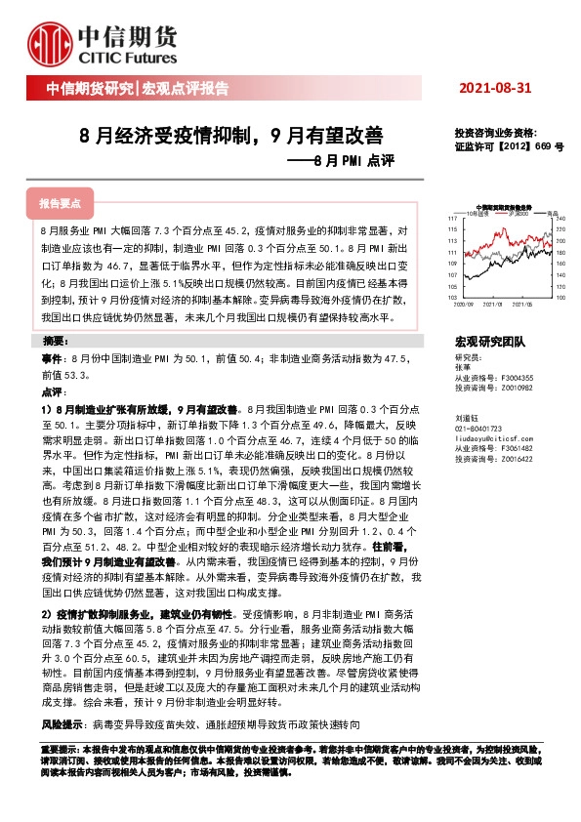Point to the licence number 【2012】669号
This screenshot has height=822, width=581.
pyautogui.click(x=533, y=145)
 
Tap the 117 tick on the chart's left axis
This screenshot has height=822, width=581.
pyautogui.click(x=451, y=217)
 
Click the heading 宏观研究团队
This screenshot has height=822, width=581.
pyautogui.click(x=490, y=342)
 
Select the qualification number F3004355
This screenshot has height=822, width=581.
pyautogui.click(x=515, y=378)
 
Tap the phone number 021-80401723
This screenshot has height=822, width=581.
pyautogui.click(x=478, y=429)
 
